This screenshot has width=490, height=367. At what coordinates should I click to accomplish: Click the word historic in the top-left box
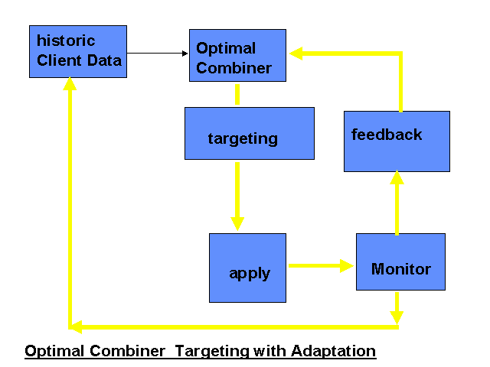click(x=66, y=41)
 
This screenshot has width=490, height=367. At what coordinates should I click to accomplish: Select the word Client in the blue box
click(x=59, y=60)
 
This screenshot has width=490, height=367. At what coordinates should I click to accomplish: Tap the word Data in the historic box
click(x=104, y=60)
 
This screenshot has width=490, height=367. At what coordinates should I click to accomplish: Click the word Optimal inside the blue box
click(x=226, y=48)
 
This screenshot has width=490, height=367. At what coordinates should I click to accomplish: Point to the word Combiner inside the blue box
click(x=234, y=68)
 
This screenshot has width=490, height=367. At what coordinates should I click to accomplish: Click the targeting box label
click(x=243, y=138)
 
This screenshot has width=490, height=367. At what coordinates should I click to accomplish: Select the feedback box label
click(x=387, y=135)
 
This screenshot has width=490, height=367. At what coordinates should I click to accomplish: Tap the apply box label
click(x=250, y=274)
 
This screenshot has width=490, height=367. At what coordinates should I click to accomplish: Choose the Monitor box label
click(x=401, y=269)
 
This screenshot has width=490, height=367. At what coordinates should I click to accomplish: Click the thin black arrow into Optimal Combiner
click(x=157, y=54)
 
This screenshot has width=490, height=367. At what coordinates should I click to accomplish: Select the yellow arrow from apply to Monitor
click(x=321, y=266)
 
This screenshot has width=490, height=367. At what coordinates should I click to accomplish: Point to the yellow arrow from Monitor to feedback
click(x=397, y=203)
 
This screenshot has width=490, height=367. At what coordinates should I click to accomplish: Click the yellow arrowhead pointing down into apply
click(x=237, y=224)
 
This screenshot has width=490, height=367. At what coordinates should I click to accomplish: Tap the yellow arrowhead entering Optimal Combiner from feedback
click(x=296, y=54)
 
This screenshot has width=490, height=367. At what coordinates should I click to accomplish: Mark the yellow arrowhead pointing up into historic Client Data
click(x=70, y=83)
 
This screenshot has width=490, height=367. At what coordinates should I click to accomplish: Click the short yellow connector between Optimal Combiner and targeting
click(x=237, y=94)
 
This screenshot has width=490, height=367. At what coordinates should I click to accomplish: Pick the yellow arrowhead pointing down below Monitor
click(x=397, y=318)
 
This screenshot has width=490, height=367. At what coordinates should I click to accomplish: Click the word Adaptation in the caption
click(x=334, y=351)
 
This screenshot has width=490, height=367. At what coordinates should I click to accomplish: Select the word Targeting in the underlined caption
click(x=212, y=351)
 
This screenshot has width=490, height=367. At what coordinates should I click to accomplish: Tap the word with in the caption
click(x=270, y=351)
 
